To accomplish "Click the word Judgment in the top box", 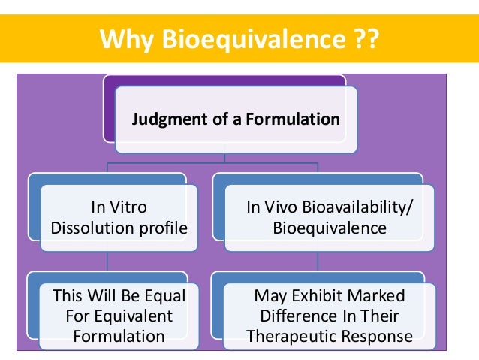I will tap(167, 119).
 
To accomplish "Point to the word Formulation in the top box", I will tap(292, 119).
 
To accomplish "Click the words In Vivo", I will tap(275, 207).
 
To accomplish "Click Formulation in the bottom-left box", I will tap(119, 336).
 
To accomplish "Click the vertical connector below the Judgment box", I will tap(225, 151).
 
